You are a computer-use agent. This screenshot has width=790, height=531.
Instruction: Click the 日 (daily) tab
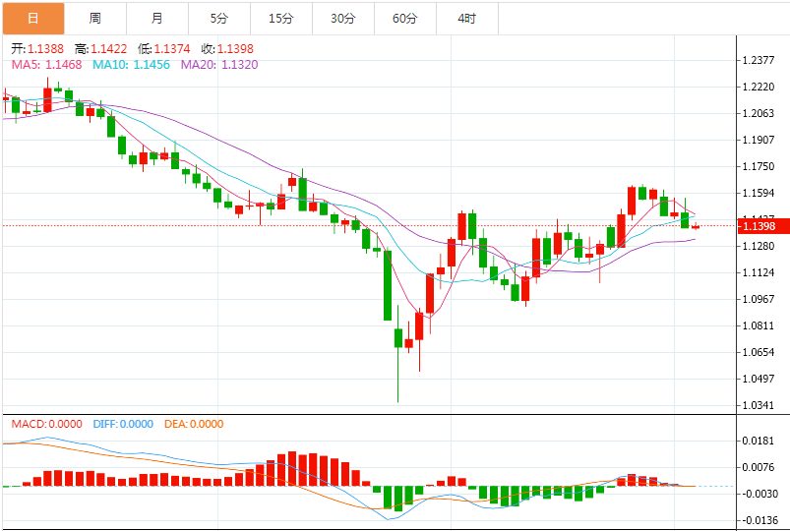[x=32, y=18]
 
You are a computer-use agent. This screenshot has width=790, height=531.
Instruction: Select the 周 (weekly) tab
[x=94, y=18]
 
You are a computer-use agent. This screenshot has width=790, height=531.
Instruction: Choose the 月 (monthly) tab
[x=157, y=18]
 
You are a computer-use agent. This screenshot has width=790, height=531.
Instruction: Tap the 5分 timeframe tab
[x=218, y=18]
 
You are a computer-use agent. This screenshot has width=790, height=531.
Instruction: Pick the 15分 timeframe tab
[x=280, y=18]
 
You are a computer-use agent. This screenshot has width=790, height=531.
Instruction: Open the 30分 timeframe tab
[x=342, y=18]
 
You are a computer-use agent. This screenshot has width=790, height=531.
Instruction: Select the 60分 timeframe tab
[x=404, y=18]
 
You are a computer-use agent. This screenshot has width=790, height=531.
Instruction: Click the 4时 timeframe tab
[x=466, y=18]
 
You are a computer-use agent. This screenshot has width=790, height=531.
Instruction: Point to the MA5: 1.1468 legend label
[x=46, y=65]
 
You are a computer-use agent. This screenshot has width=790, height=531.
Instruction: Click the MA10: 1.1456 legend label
[x=131, y=65]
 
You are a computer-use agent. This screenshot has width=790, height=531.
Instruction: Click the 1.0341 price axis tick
[x=760, y=405]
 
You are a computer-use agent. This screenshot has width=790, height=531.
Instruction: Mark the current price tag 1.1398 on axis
[x=760, y=226]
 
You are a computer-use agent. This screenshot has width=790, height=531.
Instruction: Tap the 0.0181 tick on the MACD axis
[x=760, y=441]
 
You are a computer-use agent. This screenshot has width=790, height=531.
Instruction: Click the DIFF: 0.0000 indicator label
[x=123, y=424]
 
